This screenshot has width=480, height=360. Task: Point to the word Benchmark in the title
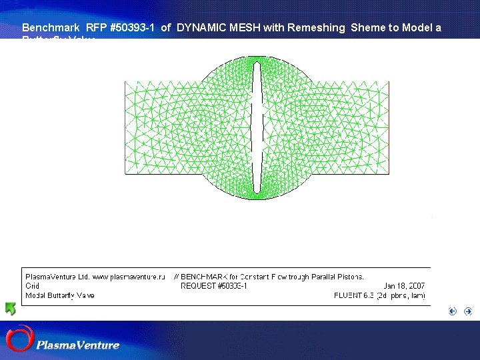[x=51, y=28]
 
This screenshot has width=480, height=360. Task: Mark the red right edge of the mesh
[x=388, y=127]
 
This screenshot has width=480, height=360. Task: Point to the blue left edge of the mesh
[x=125, y=127]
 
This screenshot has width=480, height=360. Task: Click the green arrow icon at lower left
[x=11, y=309]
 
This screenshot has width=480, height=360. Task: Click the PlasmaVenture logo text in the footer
[x=78, y=345]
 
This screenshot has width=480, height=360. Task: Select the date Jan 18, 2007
[x=404, y=286]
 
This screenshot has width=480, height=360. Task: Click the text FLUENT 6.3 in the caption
[x=355, y=295]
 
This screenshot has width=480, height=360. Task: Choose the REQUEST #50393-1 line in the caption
[x=214, y=286]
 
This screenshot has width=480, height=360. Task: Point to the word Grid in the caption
[x=32, y=286]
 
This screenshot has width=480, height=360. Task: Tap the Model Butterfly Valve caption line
[x=59, y=295]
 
